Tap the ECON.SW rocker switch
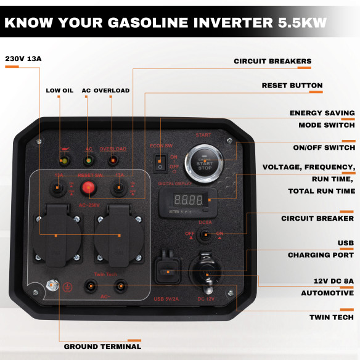(x=160, y=162)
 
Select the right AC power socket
(x=119, y=235)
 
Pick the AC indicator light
(x=89, y=161)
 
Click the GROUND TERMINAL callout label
(x=102, y=346)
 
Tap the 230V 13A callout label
(x=23, y=59)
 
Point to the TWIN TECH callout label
(x=332, y=317)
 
